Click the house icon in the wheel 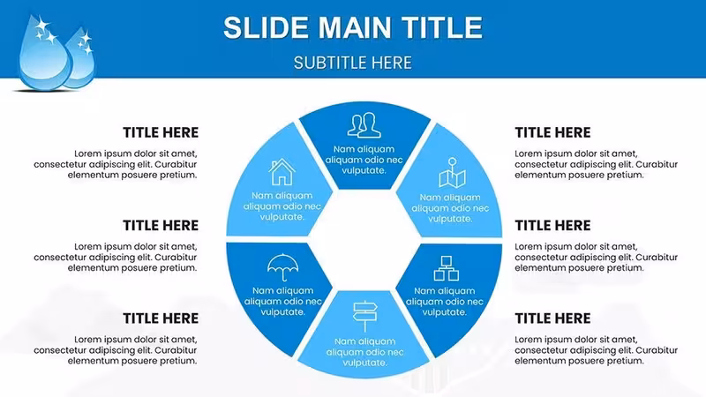pos(282,172)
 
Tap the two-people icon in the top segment pos(364,125)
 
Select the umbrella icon pos(282,267)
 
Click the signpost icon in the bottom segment pos(364,316)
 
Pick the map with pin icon pos(452,172)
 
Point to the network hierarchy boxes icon pos(447,268)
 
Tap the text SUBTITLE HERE pos(353,63)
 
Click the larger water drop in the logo pos(43,54)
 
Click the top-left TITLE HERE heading pos(161,132)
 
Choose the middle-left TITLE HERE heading pos(161,225)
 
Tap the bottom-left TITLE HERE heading pos(161,318)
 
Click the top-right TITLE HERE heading pos(552,132)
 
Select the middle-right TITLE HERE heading pos(552,225)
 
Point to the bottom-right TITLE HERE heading pos(552,318)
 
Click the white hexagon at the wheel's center pos(364,240)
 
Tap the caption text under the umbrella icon pos(282,301)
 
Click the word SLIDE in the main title pos(267,27)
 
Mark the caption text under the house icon pos(282,206)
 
